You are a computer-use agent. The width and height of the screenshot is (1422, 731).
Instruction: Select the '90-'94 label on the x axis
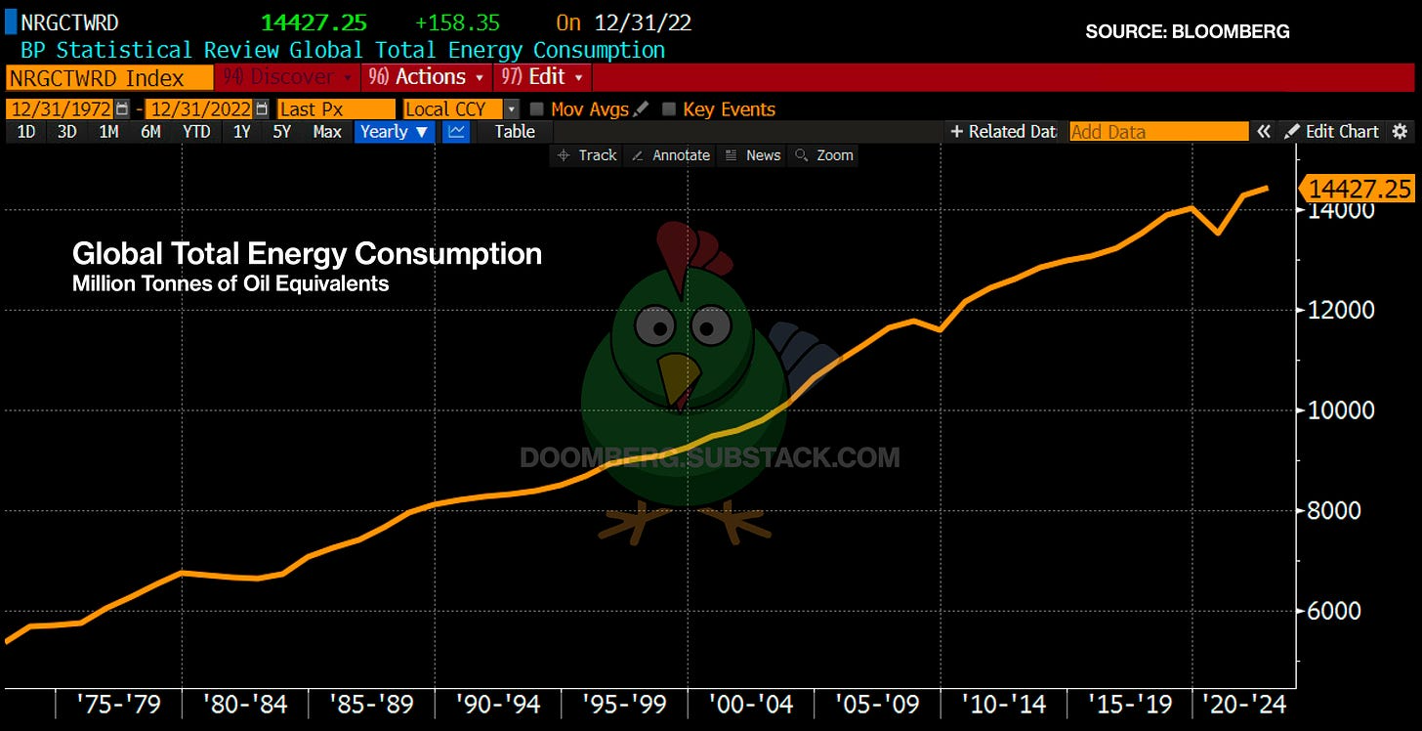pos(498,703)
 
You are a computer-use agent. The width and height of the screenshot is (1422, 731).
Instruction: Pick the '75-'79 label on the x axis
pos(119,703)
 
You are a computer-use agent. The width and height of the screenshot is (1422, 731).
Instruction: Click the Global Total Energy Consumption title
pos(307,254)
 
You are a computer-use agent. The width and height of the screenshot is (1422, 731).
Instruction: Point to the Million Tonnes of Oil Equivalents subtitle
pos(230,284)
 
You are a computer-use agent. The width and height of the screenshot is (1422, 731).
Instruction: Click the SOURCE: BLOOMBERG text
pos(1188,31)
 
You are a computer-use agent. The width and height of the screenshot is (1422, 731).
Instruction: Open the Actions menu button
pos(426,77)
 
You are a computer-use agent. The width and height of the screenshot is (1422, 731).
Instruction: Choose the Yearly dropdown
pos(394,131)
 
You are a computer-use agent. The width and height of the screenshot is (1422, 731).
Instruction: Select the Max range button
pos(327,131)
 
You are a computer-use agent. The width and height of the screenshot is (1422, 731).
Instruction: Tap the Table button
pos(515,131)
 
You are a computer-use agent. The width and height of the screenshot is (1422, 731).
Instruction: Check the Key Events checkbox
pos(669,109)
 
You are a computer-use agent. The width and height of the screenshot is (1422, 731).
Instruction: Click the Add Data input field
pos(1158,131)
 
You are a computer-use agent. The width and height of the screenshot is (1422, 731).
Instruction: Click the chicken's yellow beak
pos(679,377)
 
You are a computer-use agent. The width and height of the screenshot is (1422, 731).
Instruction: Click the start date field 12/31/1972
pos(61,109)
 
